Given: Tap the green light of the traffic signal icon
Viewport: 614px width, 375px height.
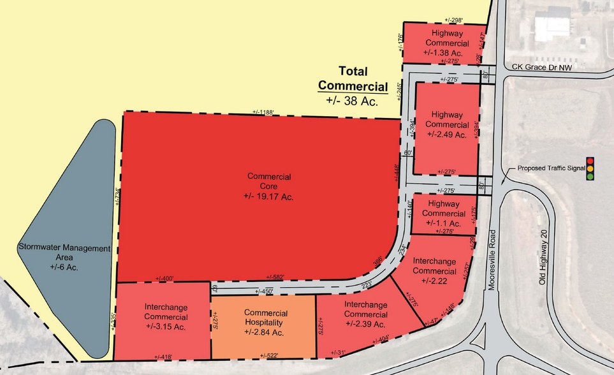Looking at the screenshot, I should (x=590, y=176).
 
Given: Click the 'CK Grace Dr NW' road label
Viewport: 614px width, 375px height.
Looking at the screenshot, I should (x=550, y=67).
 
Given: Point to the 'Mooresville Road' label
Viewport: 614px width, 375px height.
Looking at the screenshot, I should (x=492, y=260).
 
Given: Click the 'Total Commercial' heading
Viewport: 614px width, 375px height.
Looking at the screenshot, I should (x=353, y=78).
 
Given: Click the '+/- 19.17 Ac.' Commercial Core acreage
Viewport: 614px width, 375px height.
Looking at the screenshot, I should (x=270, y=196).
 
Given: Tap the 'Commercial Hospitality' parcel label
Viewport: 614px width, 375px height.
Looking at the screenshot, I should (x=266, y=318).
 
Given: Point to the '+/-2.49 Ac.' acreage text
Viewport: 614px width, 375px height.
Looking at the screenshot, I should (x=447, y=134).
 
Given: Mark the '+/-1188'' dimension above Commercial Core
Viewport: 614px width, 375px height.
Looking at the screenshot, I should (x=263, y=113).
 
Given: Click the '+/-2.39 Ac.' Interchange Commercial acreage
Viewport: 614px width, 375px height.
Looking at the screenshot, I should (x=365, y=323).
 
